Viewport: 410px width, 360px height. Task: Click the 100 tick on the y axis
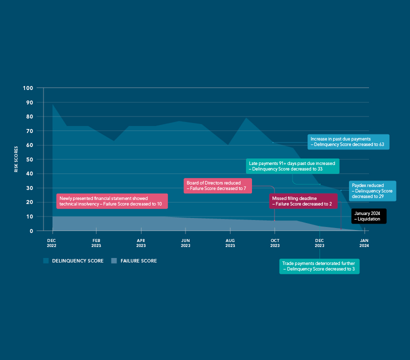(28, 88)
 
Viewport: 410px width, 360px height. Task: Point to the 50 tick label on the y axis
(29, 159)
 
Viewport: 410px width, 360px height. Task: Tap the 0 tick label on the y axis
(31, 231)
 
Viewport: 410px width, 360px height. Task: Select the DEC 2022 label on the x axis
(51, 243)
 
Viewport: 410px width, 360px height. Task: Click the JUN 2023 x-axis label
(185, 243)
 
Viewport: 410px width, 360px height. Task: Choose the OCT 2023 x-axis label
(275, 243)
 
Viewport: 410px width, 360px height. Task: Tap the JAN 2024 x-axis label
(364, 243)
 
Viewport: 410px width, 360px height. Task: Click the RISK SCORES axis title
(16, 159)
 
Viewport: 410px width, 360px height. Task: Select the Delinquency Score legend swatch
(46, 260)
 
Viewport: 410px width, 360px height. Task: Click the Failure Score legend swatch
(114, 260)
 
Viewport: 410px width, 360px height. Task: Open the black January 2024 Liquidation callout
(368, 216)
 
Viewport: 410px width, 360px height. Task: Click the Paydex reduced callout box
(372, 191)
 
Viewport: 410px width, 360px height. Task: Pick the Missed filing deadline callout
(303, 201)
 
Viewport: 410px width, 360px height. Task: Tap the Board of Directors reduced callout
(217, 185)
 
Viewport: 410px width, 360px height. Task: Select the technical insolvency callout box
(112, 201)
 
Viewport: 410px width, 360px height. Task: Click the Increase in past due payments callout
(348, 141)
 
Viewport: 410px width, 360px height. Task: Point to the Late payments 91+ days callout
(292, 166)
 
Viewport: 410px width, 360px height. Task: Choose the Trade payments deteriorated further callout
(319, 266)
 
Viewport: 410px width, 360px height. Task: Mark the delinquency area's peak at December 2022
(53, 104)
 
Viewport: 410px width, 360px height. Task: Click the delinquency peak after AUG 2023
(246, 118)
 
